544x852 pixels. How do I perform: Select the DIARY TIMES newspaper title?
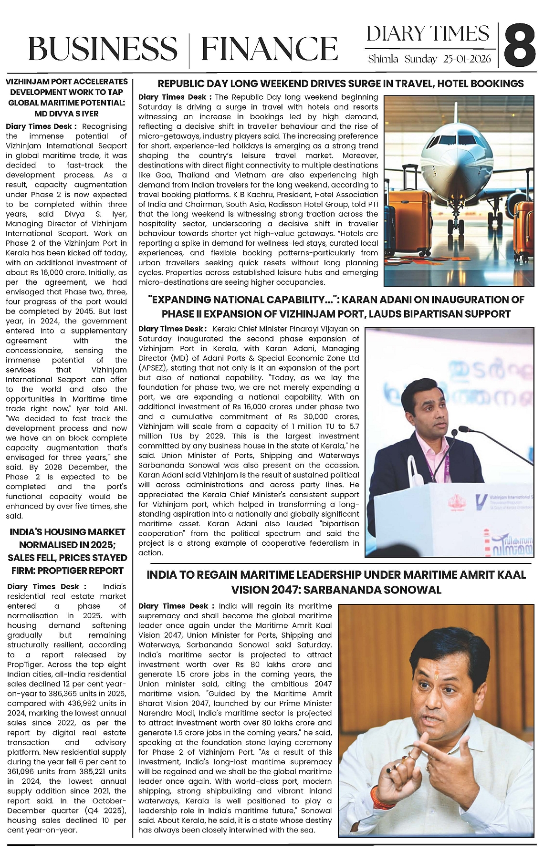[428, 34]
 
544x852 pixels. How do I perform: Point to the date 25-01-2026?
[468, 60]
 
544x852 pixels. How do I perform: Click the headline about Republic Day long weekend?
[340, 84]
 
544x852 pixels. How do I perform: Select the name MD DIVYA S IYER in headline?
[66, 114]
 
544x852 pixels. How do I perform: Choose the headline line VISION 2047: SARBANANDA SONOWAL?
[336, 590]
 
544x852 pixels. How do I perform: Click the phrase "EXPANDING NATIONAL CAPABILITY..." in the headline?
[243, 300]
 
